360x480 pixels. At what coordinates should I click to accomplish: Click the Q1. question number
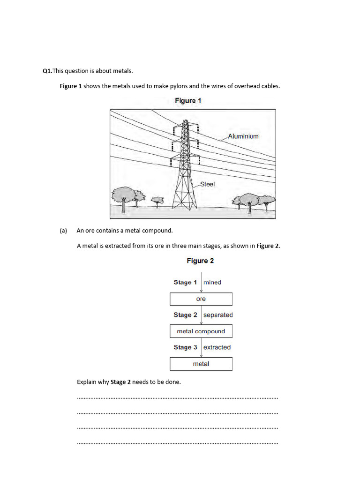pos(47,71)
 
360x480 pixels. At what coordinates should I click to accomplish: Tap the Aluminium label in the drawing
pos(243,136)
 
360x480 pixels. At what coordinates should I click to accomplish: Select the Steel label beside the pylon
pos(207,184)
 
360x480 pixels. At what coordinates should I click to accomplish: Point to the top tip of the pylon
pos(185,121)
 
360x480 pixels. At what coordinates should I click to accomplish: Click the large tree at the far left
pos(123,195)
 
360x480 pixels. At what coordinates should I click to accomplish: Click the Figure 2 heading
pos(200,261)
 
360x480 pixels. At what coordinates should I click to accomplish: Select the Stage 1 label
pos(185,282)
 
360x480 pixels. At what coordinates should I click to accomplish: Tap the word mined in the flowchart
pos(212,282)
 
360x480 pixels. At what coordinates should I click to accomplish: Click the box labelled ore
pos(201,299)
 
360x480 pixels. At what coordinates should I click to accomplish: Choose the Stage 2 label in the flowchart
pos(185,315)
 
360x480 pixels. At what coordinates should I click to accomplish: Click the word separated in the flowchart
pos(218,315)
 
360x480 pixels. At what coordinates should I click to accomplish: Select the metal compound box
pos(201,331)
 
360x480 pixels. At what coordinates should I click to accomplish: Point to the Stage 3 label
pos(185,347)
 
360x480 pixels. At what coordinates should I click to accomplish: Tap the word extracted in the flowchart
pos(217,347)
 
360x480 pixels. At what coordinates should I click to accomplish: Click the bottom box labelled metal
pos(201,364)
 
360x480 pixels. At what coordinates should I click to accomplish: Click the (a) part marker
pos(64,231)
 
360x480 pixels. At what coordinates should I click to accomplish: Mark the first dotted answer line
pos(177,397)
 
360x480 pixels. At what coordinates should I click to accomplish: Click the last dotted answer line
pos(177,442)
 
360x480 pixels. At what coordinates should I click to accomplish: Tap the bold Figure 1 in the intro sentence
pos(71,86)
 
